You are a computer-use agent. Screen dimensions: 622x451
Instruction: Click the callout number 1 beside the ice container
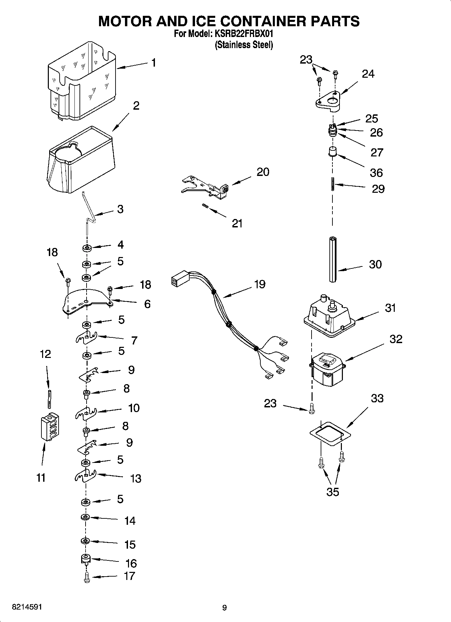click(x=154, y=63)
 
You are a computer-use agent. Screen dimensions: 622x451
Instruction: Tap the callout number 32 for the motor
click(x=396, y=339)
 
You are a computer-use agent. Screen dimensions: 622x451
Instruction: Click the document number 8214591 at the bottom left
click(x=27, y=607)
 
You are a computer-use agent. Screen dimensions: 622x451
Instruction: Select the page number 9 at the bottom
click(x=225, y=607)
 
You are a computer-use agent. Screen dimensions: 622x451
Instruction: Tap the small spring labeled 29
click(x=333, y=184)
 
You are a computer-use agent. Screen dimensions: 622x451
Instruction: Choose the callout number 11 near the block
click(x=41, y=477)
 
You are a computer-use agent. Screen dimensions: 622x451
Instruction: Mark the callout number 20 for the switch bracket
click(x=263, y=172)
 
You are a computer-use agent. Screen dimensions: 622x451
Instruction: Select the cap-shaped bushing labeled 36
click(x=332, y=151)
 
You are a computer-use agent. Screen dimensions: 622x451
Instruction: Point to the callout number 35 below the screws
click(x=333, y=492)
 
